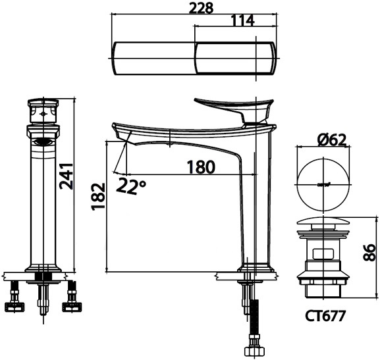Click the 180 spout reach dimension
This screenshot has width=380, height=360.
[200, 167]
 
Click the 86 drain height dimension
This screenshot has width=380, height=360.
[369, 251]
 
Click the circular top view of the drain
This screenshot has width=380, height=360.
[323, 181]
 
